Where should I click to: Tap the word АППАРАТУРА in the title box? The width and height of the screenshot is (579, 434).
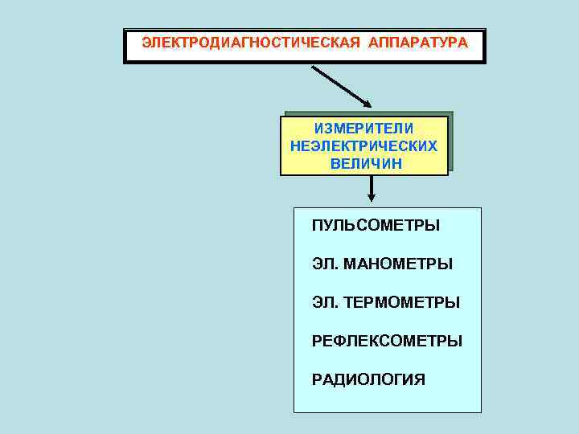click(417, 41)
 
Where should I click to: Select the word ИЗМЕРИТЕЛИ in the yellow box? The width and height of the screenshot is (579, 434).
click(364, 129)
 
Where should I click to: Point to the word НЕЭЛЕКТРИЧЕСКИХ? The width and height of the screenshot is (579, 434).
click(364, 146)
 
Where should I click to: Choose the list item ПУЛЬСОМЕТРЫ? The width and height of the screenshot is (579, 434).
click(376, 226)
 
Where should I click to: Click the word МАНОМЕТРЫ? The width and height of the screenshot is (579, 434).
click(398, 264)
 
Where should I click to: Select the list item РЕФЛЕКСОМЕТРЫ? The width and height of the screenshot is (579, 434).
click(387, 341)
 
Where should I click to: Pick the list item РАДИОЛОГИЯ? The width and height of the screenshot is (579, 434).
click(368, 379)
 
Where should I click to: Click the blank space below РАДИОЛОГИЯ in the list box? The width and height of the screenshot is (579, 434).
click(386, 400)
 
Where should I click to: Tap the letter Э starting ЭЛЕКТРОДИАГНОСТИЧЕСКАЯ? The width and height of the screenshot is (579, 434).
click(146, 41)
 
